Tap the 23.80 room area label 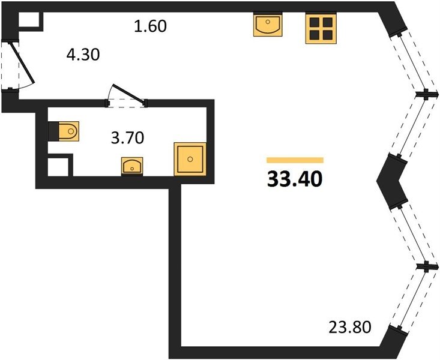coord(351,328)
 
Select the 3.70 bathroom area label coord(127,139)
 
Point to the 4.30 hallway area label coord(82,55)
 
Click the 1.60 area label coord(149,26)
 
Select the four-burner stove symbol coord(319,28)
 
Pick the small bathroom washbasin coord(131,164)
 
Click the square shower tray coord(190,159)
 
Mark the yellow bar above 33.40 coord(295,160)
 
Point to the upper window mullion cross coord(426,94)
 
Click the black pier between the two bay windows coord(390,179)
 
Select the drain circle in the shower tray coord(190,159)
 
